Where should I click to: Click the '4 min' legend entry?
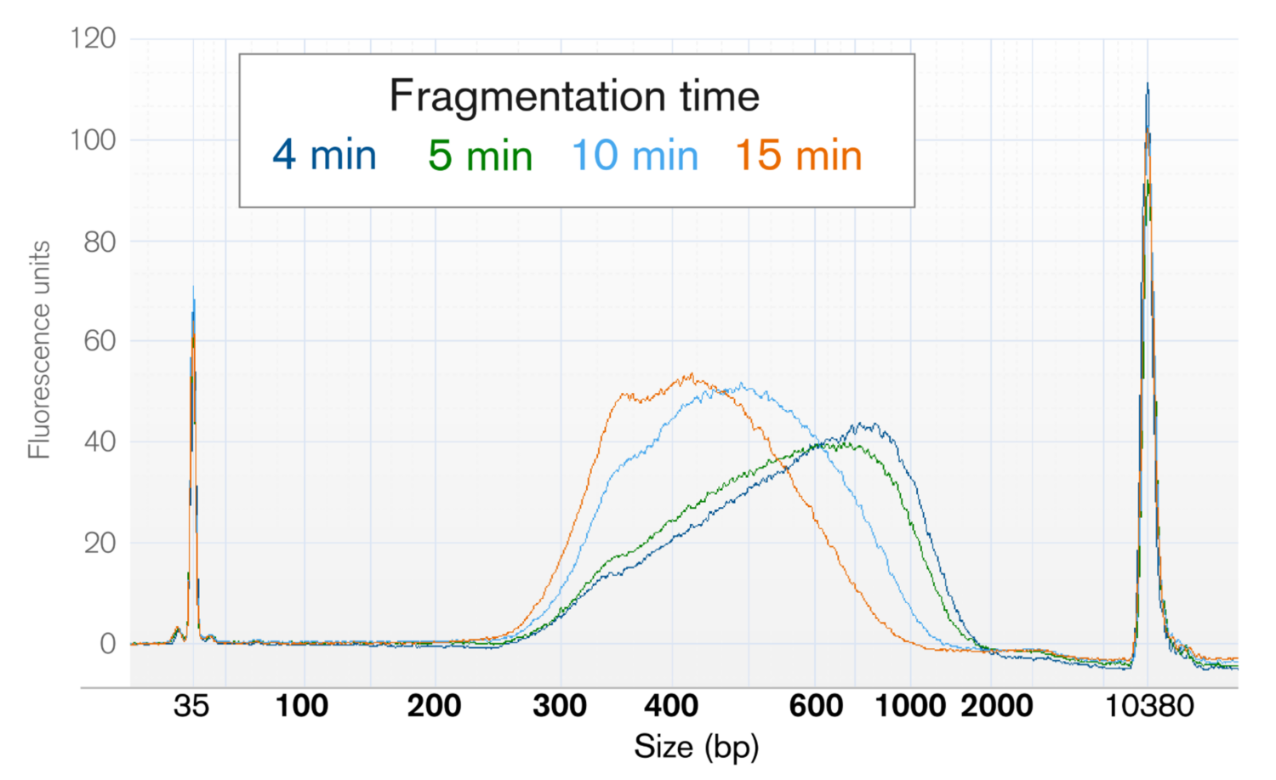tap(324, 156)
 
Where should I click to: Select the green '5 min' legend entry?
tap(480, 156)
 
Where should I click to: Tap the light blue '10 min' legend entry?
tap(635, 156)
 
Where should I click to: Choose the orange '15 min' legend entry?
tap(798, 156)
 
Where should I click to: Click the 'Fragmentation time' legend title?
tap(574, 95)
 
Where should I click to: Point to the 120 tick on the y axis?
tap(93, 38)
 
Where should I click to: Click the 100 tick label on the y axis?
tap(93, 139)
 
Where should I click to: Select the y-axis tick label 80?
tap(100, 242)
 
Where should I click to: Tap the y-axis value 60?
tap(100, 341)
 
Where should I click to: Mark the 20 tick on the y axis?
tap(100, 543)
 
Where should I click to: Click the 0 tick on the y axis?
tap(107, 644)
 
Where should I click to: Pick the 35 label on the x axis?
tap(191, 706)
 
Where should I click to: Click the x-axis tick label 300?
tap(560, 706)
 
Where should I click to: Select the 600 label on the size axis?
tap(816, 706)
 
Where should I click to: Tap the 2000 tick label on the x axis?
tap(996, 706)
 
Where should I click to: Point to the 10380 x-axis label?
tap(1148, 706)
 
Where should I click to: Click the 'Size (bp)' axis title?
tap(696, 748)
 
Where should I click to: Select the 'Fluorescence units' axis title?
tap(39, 350)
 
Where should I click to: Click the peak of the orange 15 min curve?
tap(692, 374)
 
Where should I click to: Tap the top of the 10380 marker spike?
tap(1148, 84)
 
